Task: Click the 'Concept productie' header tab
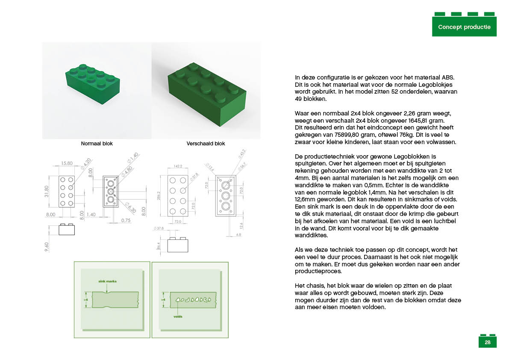pyautogui.click(x=464, y=27)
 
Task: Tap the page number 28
pyautogui.click(x=487, y=342)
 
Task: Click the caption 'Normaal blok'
pyautogui.click(x=97, y=144)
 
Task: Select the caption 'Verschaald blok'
pyautogui.click(x=206, y=144)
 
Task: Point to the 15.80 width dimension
pyautogui.click(x=66, y=163)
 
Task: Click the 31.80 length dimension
pyautogui.click(x=47, y=192)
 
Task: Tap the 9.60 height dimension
pyautogui.click(x=46, y=247)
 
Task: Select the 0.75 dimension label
pyautogui.click(x=125, y=220)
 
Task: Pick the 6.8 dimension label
pyautogui.click(x=238, y=234)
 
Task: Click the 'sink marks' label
pyautogui.click(x=107, y=281)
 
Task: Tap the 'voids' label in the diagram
pyautogui.click(x=179, y=317)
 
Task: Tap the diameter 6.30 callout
pyautogui.click(x=131, y=209)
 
